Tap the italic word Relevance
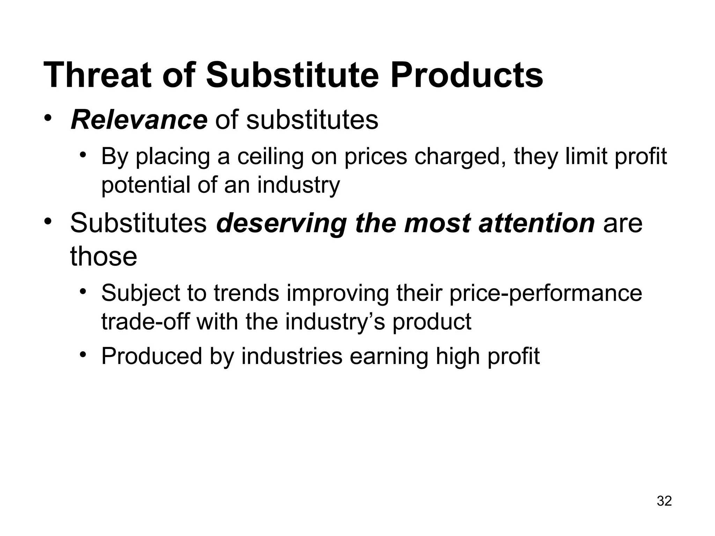[x=139, y=120]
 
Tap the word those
[x=104, y=256]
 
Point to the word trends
[x=246, y=293]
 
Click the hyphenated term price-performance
[x=545, y=293]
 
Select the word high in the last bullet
[x=457, y=356]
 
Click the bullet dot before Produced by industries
[x=82, y=355]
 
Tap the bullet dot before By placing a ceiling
[x=82, y=155]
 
